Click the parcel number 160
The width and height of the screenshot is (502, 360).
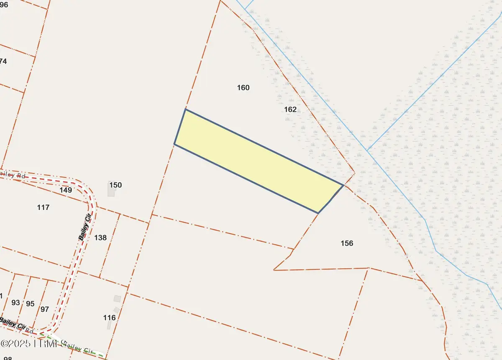(x=243, y=88)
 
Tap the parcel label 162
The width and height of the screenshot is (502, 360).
(x=290, y=110)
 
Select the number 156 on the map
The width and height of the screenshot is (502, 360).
(x=347, y=243)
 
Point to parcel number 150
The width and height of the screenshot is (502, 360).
(x=115, y=185)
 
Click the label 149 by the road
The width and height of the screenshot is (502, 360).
(x=66, y=190)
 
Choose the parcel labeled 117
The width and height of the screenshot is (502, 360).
(x=43, y=207)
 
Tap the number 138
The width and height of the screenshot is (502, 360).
(x=100, y=238)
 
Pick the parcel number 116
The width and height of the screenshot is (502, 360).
(x=109, y=318)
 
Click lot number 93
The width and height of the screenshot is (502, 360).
(x=15, y=302)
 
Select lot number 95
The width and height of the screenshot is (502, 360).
(x=30, y=304)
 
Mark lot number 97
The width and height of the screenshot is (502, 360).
(x=45, y=309)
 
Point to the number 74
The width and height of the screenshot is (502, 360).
(x=3, y=61)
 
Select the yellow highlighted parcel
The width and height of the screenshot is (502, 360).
(x=255, y=161)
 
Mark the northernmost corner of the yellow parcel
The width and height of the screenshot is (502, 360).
(x=185, y=110)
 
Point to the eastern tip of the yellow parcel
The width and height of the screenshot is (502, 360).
(x=343, y=185)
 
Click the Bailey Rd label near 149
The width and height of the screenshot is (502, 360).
(x=13, y=176)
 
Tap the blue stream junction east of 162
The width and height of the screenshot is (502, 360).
(x=367, y=151)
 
